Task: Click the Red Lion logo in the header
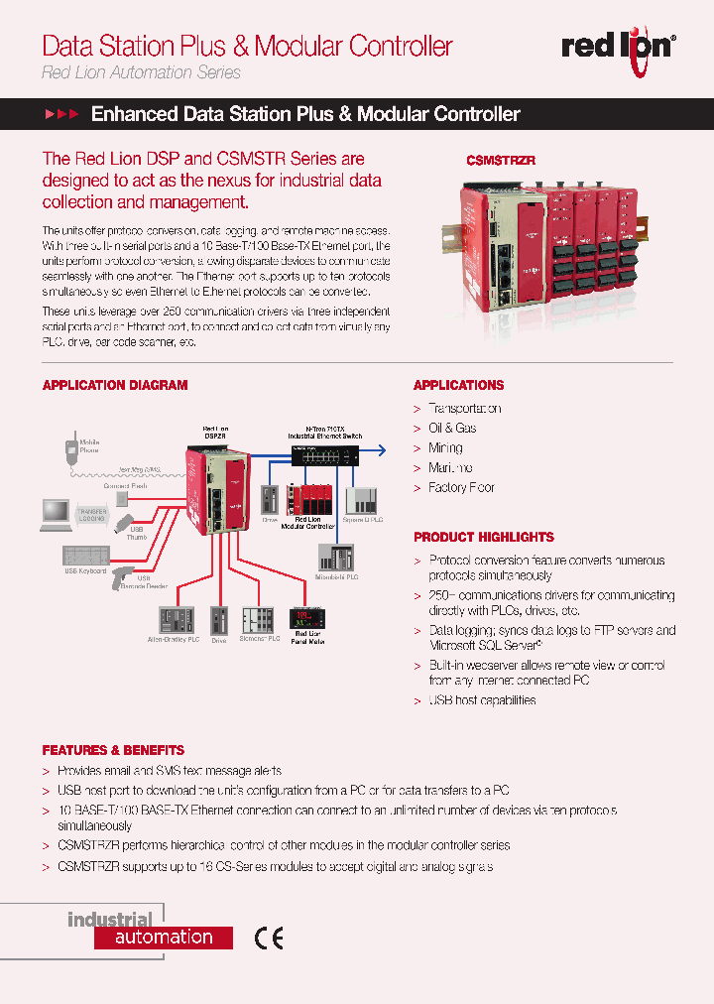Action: [619, 46]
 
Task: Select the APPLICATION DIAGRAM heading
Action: [114, 385]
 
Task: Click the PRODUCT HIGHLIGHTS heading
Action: [483, 537]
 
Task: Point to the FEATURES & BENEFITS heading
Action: [113, 750]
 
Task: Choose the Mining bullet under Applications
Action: [445, 448]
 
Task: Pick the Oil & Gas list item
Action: [451, 428]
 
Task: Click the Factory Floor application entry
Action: [461, 488]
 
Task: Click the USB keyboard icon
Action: [84, 556]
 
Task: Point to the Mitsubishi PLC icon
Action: [342, 558]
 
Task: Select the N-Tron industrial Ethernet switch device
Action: [324, 454]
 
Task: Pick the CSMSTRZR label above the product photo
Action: [501, 160]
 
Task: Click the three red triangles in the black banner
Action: [61, 115]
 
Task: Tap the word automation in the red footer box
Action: [164, 938]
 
